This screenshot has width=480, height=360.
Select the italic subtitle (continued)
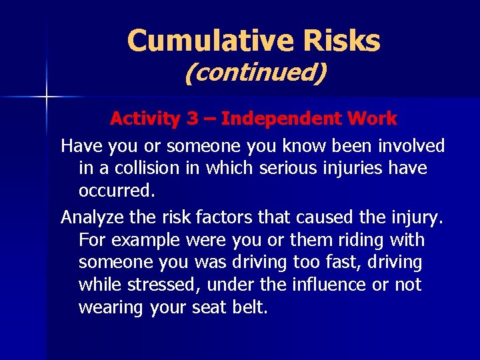(255, 73)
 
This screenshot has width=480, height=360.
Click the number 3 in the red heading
(192, 119)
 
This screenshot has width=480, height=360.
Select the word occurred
(117, 191)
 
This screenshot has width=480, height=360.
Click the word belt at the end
(250, 308)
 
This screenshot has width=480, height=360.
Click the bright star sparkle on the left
(46, 97)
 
